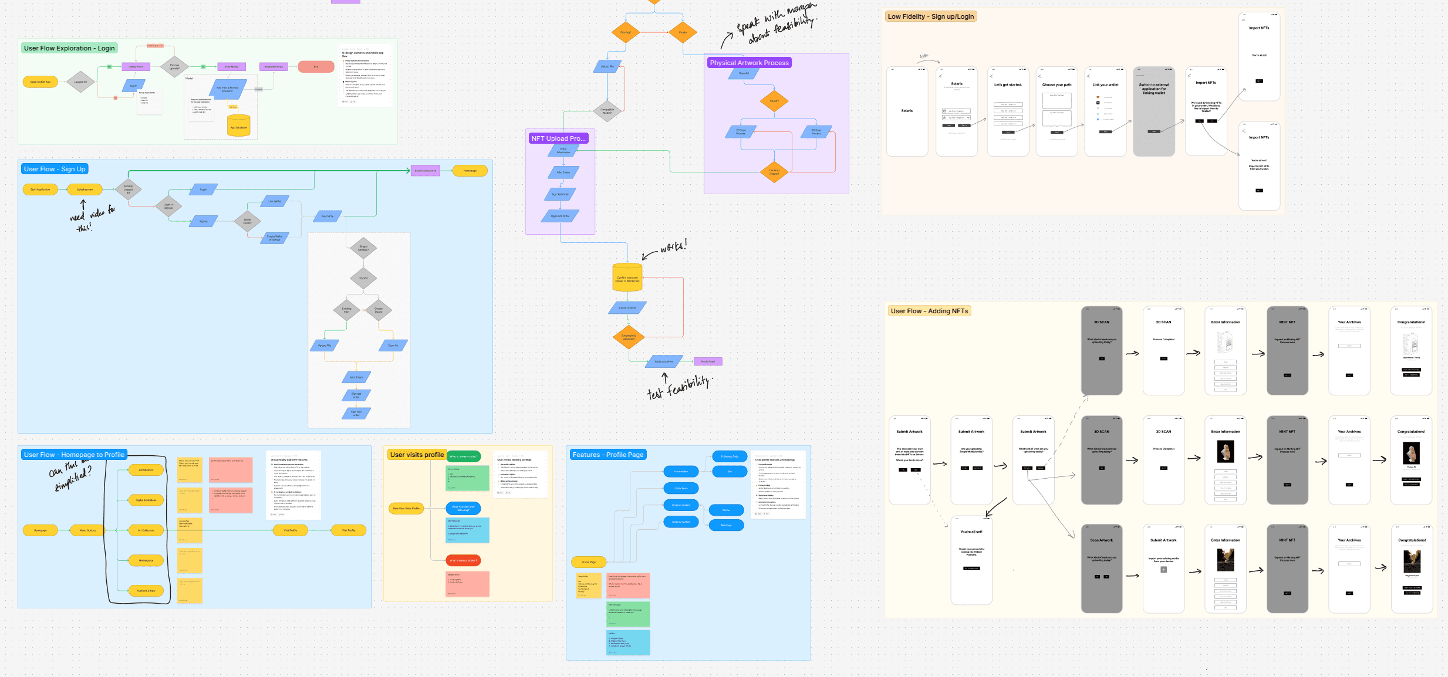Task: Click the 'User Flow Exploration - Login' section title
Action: (69, 48)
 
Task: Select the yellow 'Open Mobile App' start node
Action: (40, 82)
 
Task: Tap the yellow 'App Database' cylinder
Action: (238, 126)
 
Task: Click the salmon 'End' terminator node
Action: (316, 67)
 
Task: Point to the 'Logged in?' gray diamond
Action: (80, 82)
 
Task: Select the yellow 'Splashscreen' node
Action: (85, 189)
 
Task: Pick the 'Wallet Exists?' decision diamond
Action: (247, 221)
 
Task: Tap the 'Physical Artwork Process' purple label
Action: (749, 63)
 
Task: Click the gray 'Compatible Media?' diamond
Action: (607, 110)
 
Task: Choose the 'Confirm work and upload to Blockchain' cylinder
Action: (627, 278)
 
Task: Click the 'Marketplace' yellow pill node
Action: (146, 561)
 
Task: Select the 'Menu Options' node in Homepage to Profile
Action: (87, 530)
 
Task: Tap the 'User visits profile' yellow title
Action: (417, 455)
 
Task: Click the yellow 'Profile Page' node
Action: (589, 562)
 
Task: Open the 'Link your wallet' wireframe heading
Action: (1105, 85)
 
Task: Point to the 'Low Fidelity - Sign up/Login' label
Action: (930, 16)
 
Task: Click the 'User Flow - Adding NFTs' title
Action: (929, 311)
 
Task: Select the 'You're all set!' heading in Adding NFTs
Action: (971, 532)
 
